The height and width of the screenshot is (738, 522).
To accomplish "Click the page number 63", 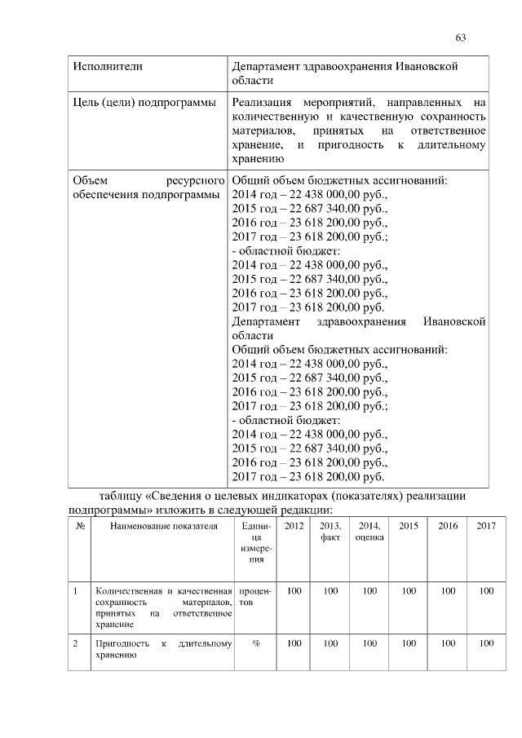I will [460, 38].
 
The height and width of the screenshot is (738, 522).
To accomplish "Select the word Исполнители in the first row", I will [103, 65].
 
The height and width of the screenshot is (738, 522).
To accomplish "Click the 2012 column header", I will [294, 526].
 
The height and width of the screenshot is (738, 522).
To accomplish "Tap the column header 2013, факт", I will [330, 532].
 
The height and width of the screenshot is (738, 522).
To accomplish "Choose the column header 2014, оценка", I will [369, 532].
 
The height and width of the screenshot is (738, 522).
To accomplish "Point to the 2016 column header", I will [448, 526].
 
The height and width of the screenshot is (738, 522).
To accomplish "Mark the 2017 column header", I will [486, 526].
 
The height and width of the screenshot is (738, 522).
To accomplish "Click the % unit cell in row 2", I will [255, 643].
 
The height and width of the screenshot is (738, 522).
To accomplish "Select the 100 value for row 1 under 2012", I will [294, 590].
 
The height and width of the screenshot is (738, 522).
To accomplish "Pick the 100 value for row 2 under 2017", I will [486, 643].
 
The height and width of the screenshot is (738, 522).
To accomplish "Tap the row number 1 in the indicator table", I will [75, 590].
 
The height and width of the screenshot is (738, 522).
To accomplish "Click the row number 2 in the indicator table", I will [75, 643].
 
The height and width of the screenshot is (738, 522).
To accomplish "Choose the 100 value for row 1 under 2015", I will [409, 590].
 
